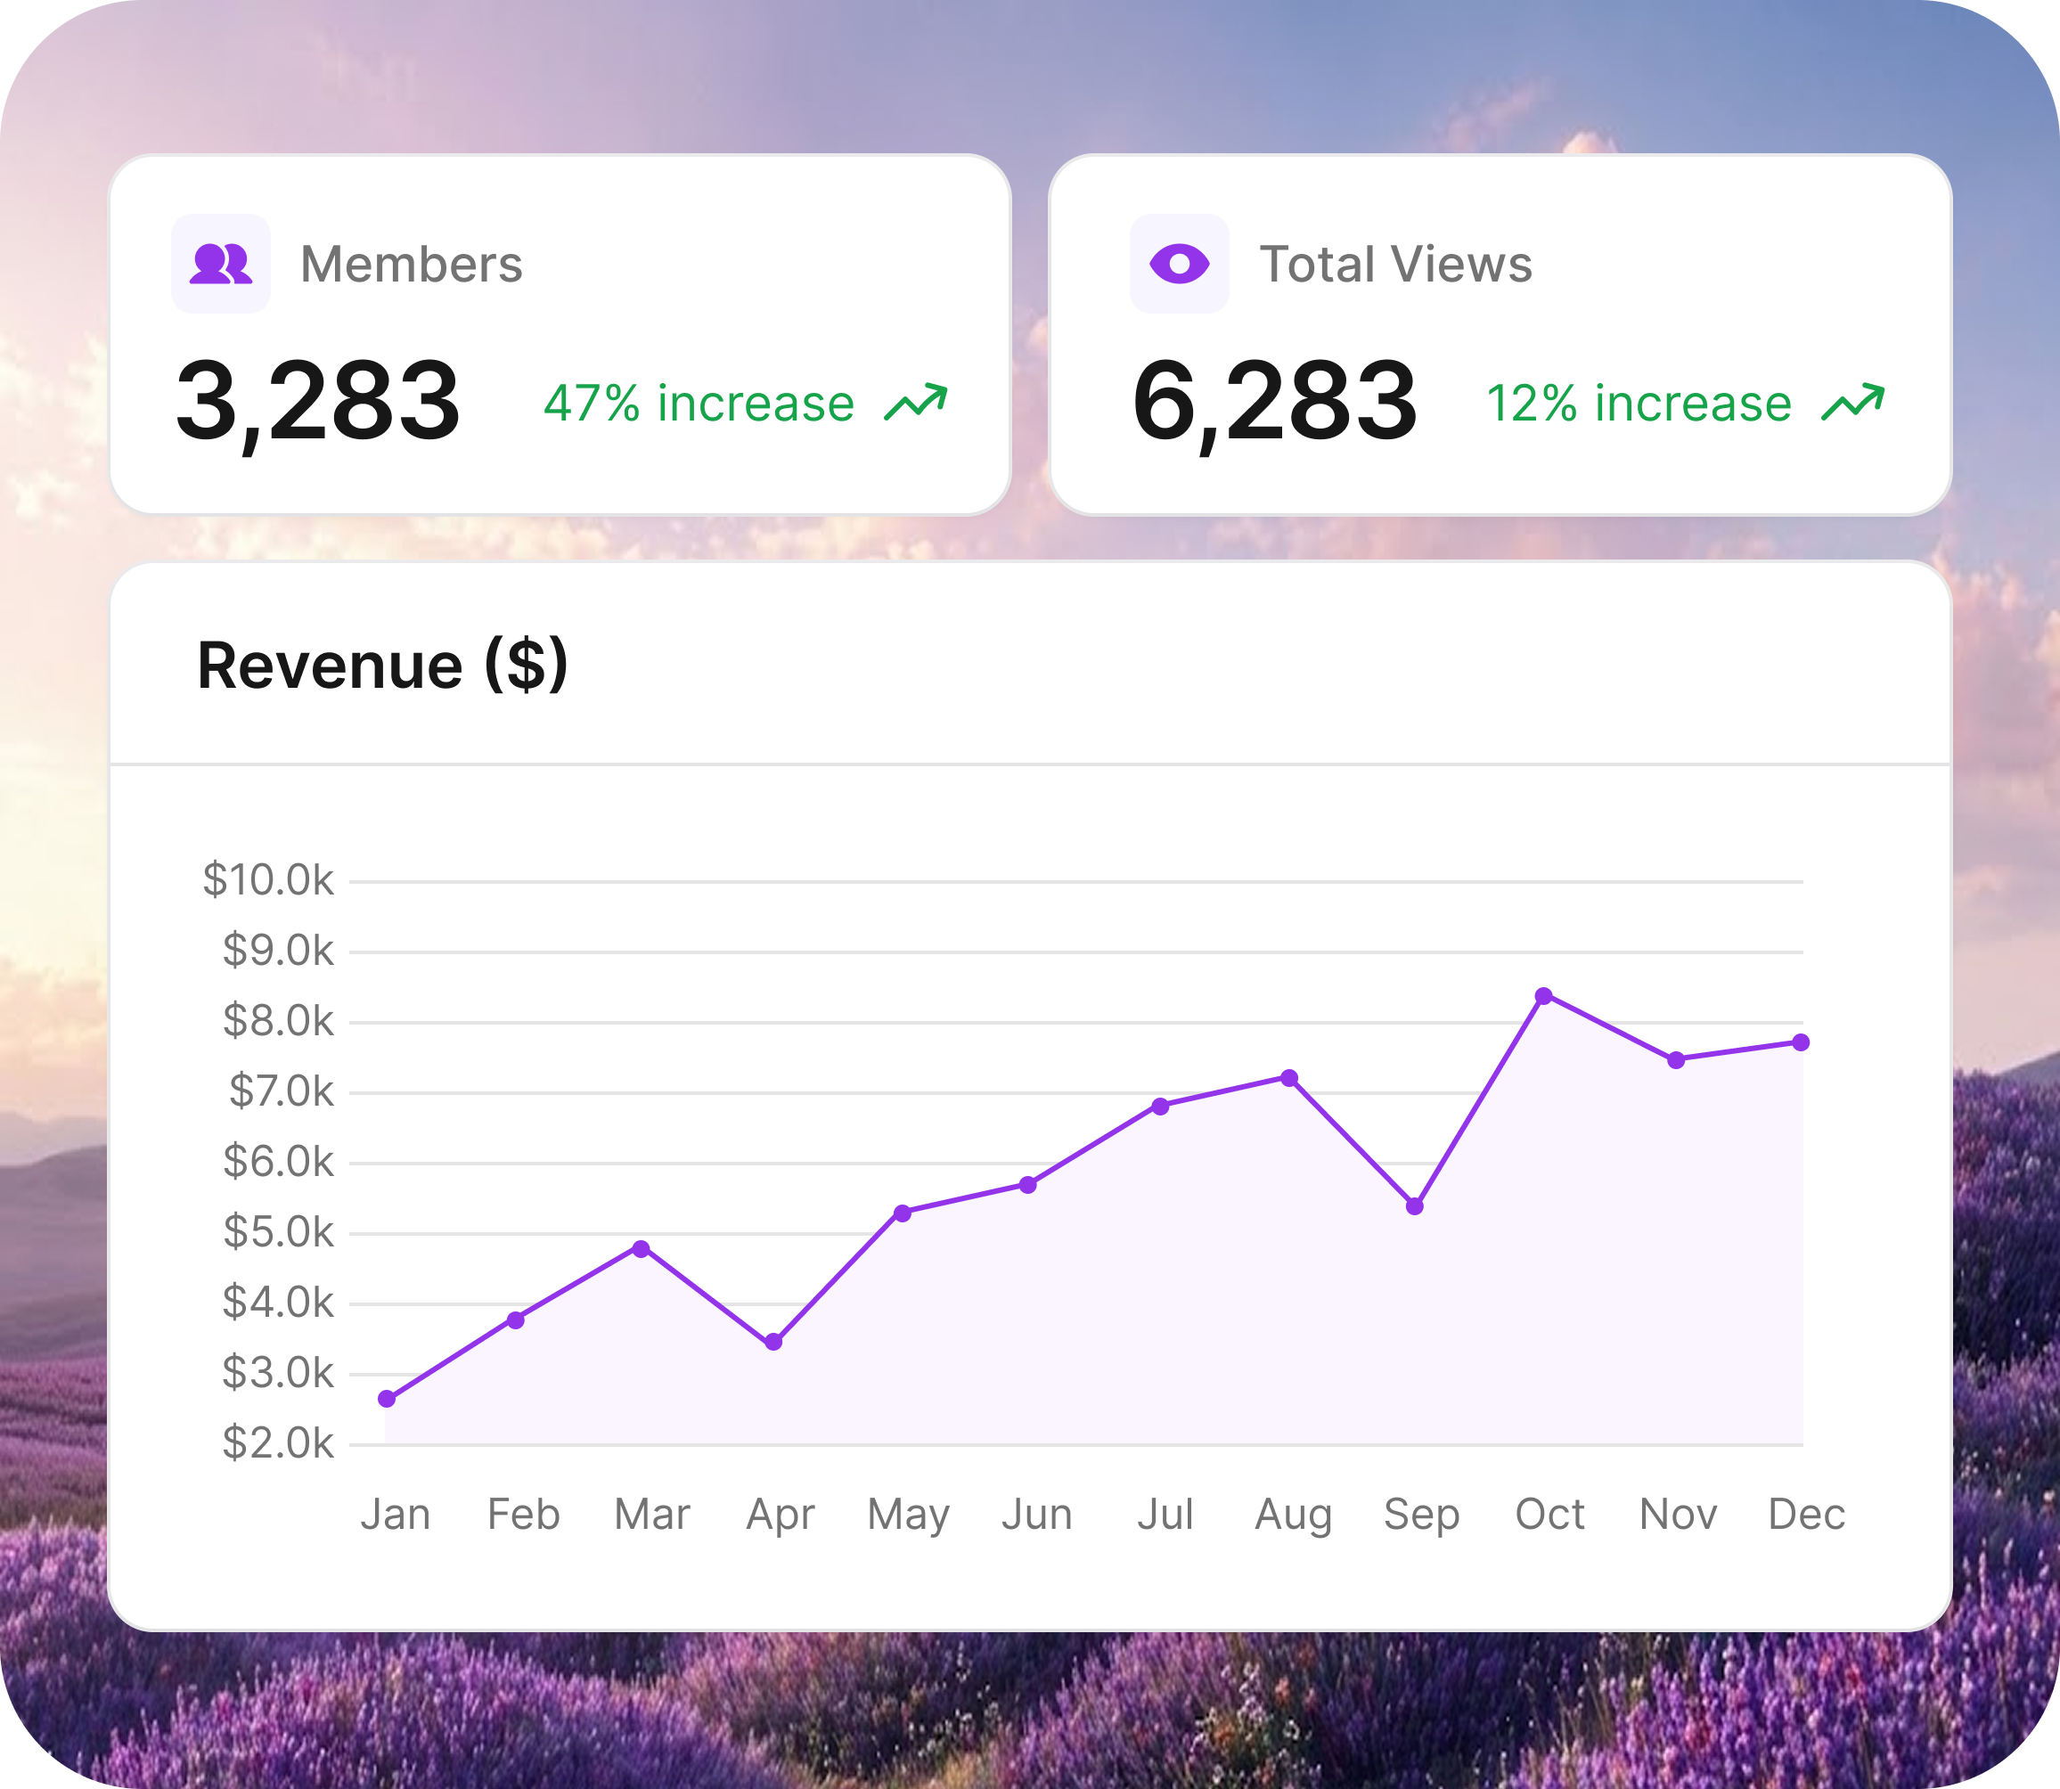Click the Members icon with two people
pos(221,264)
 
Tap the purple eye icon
pos(1180,264)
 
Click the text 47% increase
pos(699,404)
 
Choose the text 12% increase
pos(1639,404)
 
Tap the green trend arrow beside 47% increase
pos(916,403)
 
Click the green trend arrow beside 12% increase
pos(1853,403)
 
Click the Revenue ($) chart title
pos(382,666)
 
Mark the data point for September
pos(1415,1206)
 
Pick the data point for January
pos(388,1399)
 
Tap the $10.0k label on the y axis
pos(268,879)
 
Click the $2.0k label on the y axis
pos(279,1442)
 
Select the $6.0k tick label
pos(279,1161)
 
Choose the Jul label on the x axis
pos(1165,1515)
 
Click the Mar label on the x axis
pos(652,1515)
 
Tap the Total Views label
pos(1396,265)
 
